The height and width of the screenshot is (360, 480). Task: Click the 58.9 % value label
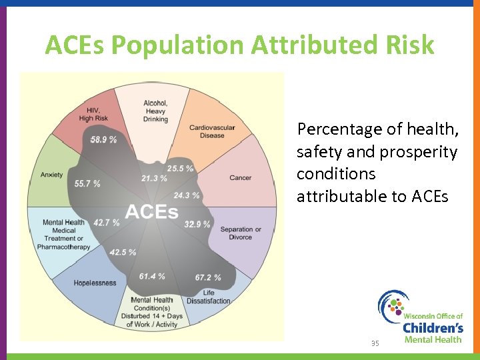click(103, 139)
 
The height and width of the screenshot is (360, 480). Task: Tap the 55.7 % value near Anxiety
click(87, 183)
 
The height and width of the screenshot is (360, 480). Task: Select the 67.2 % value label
click(208, 277)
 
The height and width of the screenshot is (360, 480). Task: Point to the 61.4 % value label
click(152, 276)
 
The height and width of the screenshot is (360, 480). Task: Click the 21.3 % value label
click(154, 178)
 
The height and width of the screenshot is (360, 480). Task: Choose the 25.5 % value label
click(180, 169)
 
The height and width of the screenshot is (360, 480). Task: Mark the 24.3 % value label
click(186, 195)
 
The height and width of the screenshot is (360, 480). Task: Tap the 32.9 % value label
click(197, 224)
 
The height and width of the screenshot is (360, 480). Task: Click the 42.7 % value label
click(107, 222)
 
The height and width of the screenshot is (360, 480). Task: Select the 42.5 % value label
click(123, 252)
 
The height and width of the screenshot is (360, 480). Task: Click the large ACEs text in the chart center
click(151, 213)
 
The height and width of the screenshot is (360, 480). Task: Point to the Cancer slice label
click(240, 178)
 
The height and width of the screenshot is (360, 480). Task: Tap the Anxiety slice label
click(51, 175)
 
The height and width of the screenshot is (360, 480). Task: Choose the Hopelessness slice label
click(95, 283)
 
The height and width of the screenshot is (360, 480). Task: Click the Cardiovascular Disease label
click(212, 131)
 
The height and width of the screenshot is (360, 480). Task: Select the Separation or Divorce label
click(241, 233)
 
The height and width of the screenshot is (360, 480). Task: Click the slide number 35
click(375, 343)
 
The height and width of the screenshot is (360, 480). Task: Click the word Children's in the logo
click(433, 327)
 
